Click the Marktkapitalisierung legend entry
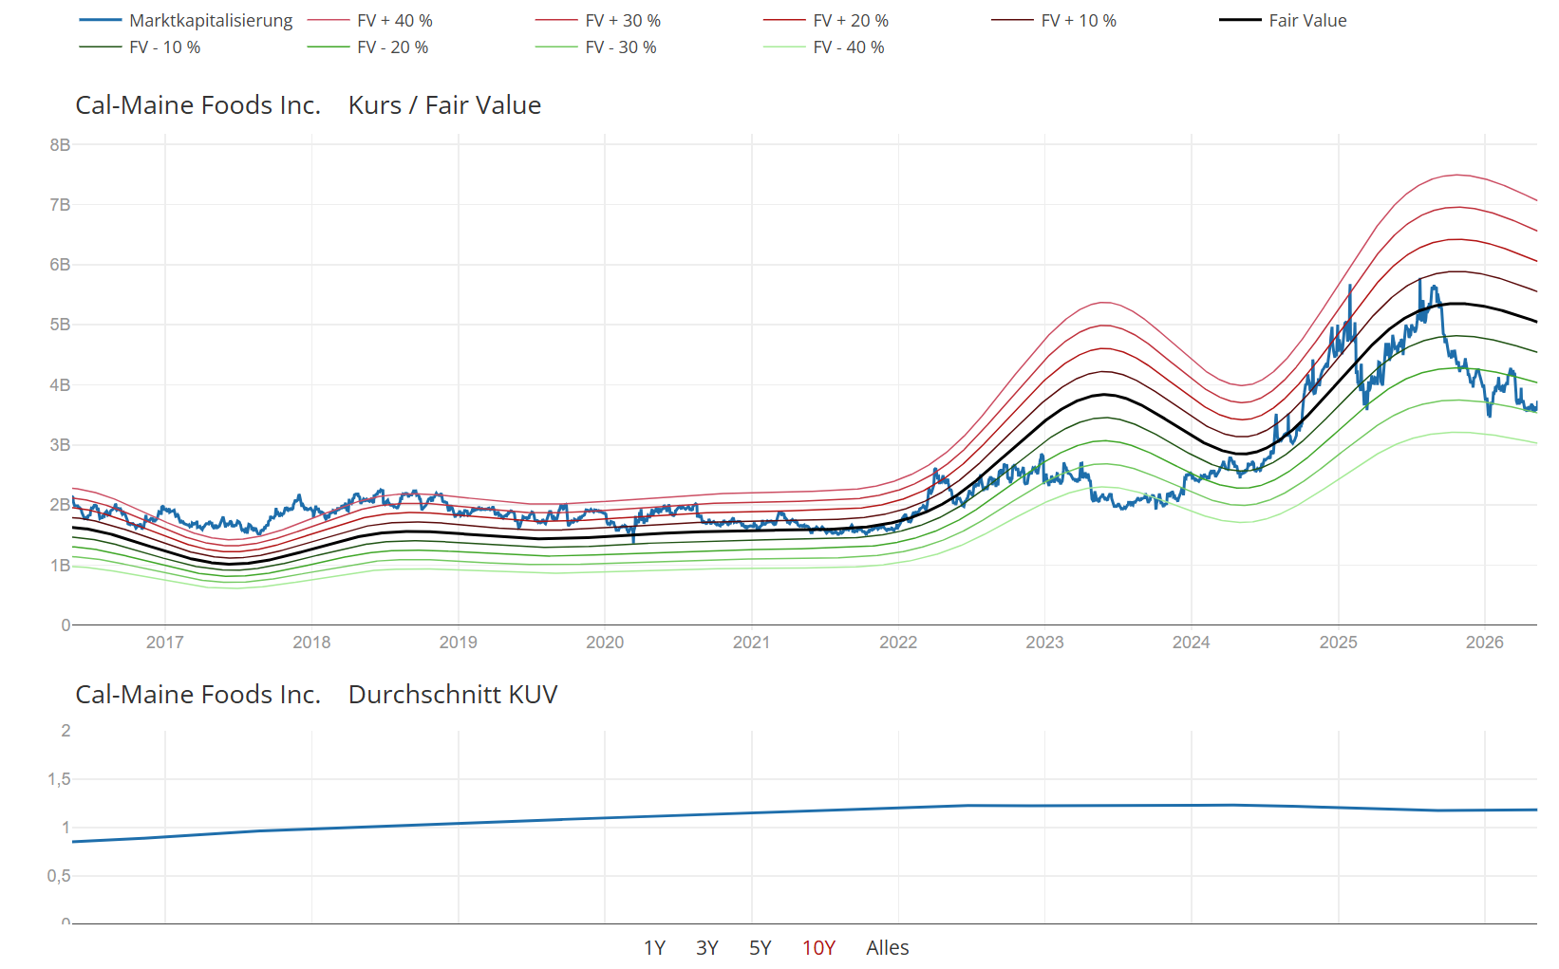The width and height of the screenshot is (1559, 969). coord(186,21)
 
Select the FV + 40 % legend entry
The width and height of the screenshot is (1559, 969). coord(369,21)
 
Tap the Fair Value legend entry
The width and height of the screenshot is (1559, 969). coord(1283,21)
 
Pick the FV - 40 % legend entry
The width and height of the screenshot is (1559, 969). coord(823,47)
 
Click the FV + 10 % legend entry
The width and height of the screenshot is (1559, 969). coord(1054,21)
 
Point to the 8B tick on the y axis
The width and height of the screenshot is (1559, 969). coord(60,144)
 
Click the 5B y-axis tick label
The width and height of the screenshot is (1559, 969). coord(60,325)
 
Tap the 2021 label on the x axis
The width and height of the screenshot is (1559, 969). coord(752,643)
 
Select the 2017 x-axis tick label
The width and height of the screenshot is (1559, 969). coord(165,643)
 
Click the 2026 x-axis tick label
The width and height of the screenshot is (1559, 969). coord(1485,643)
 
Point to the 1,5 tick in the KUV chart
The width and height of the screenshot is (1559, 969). coord(59,779)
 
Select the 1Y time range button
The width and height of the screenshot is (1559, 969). coord(654,947)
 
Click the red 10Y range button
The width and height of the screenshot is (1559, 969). coord(818,947)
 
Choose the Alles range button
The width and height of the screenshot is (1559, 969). coord(888,947)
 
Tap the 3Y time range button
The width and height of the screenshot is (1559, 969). coord(707,947)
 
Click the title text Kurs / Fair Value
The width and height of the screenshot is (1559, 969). coord(444,105)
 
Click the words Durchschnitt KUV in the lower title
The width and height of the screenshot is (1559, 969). coord(453,694)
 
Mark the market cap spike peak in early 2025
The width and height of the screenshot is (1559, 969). coord(1350,286)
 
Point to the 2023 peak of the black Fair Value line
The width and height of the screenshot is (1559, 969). coord(1104,395)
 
